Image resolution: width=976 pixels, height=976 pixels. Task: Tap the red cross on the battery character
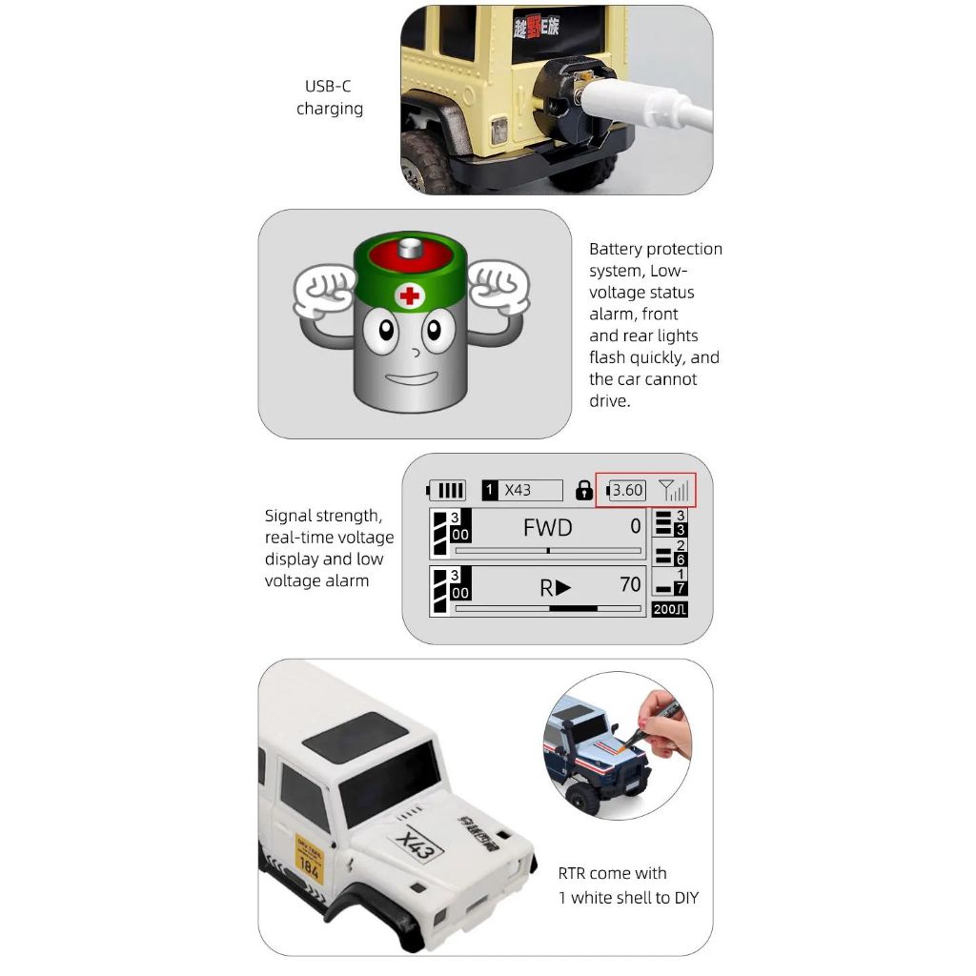coord(410,295)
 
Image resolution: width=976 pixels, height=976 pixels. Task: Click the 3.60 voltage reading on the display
coord(627,490)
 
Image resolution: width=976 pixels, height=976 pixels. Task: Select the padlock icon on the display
coord(584,491)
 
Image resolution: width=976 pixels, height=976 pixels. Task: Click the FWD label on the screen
coord(547,528)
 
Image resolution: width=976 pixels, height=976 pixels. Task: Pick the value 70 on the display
coord(630,584)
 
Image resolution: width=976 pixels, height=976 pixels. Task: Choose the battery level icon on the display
coord(446,491)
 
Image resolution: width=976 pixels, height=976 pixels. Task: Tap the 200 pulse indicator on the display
coord(669,609)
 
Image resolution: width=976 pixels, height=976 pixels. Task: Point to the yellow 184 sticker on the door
coord(309,862)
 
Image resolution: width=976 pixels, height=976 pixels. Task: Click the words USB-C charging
coord(329,97)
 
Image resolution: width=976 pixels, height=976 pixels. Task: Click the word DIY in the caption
coord(684,898)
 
